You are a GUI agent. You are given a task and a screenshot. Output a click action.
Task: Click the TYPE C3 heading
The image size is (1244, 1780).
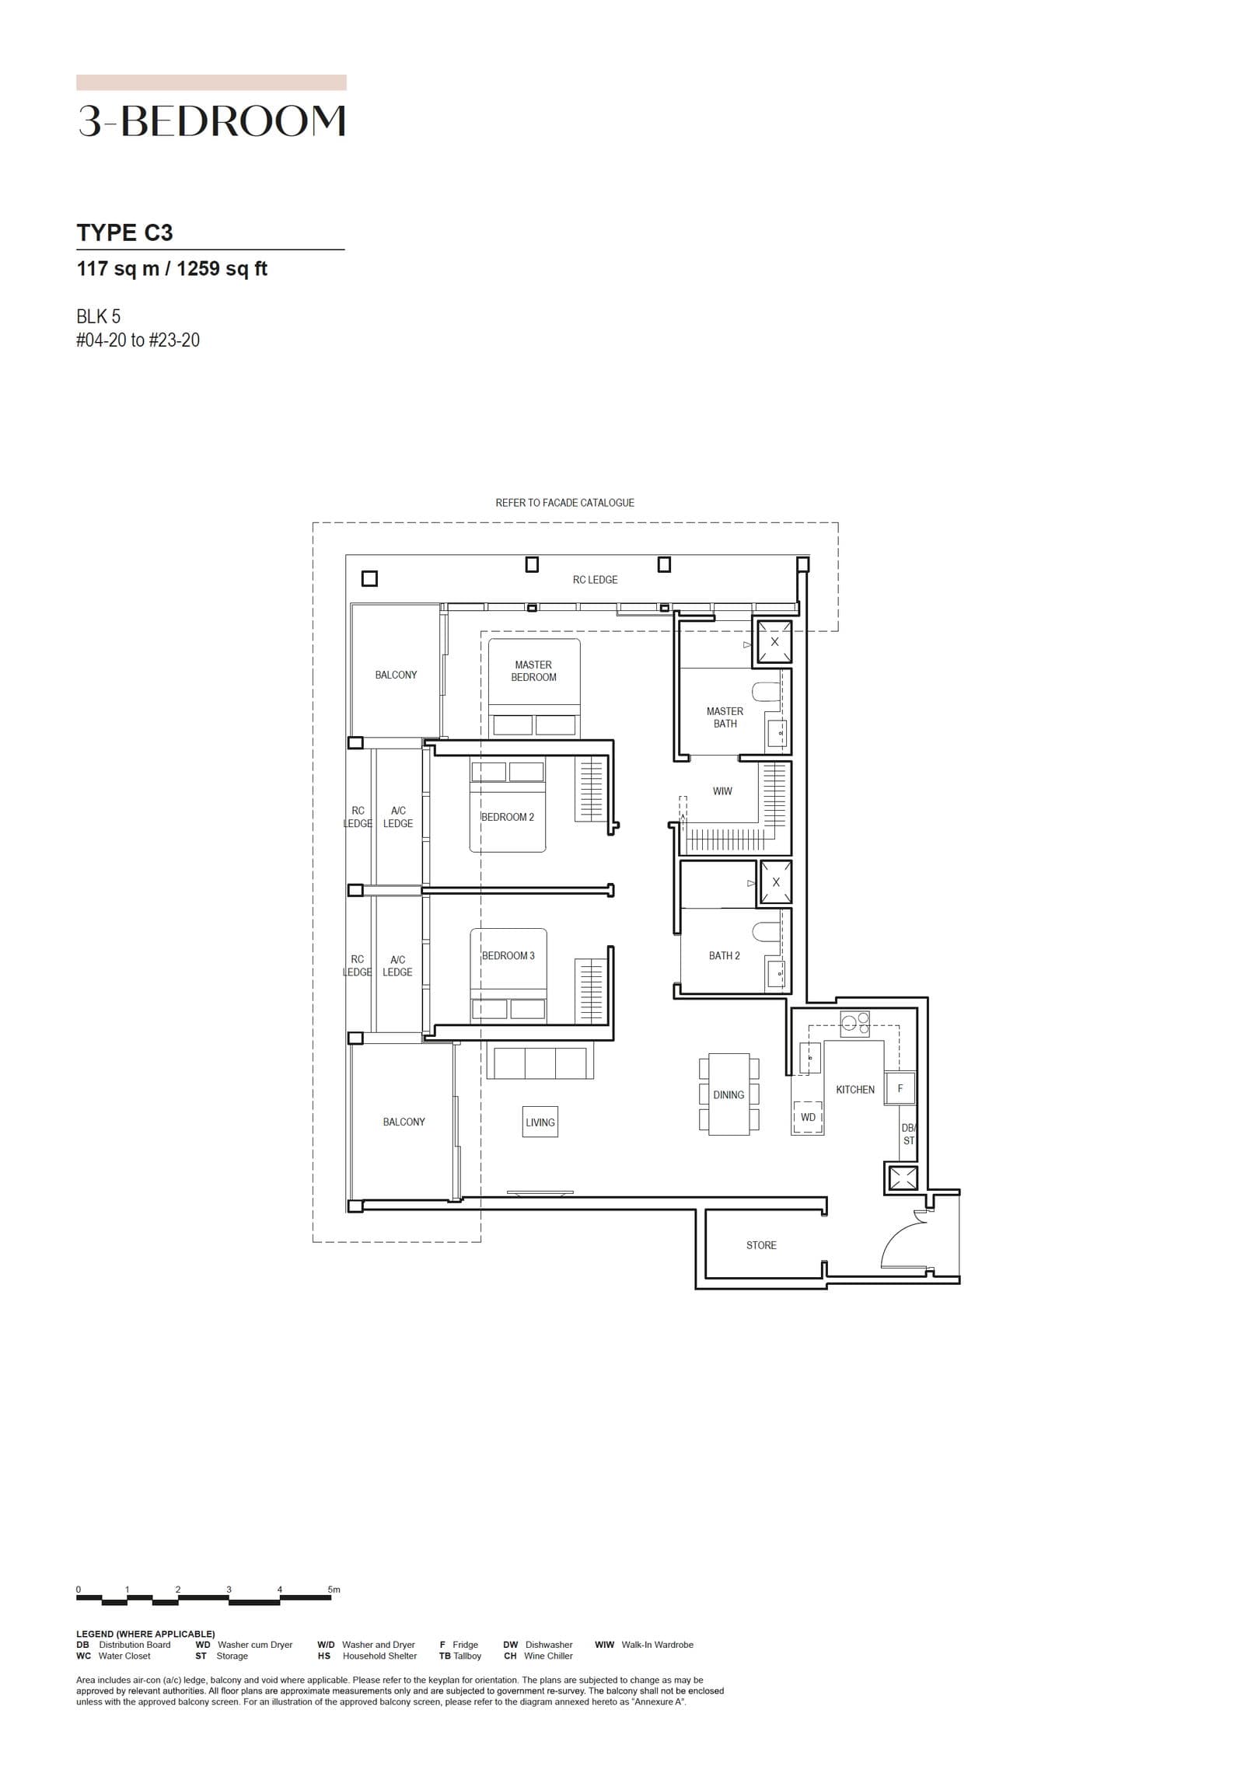pos(124,232)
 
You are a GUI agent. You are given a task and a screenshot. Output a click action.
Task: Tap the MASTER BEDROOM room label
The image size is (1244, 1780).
pos(533,671)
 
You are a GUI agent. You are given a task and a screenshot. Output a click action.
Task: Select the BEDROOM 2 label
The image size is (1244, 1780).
pos(508,817)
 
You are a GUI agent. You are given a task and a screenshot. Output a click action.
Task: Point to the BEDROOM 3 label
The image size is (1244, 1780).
pos(508,955)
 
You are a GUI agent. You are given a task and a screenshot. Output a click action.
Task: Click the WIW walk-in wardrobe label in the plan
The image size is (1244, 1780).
pos(722,791)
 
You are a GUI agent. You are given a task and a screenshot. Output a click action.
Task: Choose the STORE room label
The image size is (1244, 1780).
pos(761,1245)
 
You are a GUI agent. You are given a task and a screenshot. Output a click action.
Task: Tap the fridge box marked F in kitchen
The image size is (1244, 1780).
pos(900,1088)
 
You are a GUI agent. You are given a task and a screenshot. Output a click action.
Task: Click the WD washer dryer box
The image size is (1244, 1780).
pos(808,1117)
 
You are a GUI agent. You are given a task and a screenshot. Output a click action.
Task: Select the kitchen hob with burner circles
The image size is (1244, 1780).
pos(854,1024)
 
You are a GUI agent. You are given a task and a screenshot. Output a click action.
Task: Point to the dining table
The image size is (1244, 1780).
pos(729,1094)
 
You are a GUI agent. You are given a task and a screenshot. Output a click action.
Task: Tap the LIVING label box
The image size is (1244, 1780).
pos(540,1122)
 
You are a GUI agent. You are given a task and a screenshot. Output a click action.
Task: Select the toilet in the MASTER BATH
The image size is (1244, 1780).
pos(765,691)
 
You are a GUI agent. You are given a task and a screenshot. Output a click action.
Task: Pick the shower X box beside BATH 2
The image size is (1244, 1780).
pos(775,882)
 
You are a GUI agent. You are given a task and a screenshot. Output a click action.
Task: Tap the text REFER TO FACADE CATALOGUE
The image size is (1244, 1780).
pos(564,503)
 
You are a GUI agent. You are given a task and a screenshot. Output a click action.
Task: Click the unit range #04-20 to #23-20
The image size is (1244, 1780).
pos(138,340)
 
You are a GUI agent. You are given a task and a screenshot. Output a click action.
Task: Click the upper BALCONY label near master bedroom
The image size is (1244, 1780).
pos(396,675)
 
